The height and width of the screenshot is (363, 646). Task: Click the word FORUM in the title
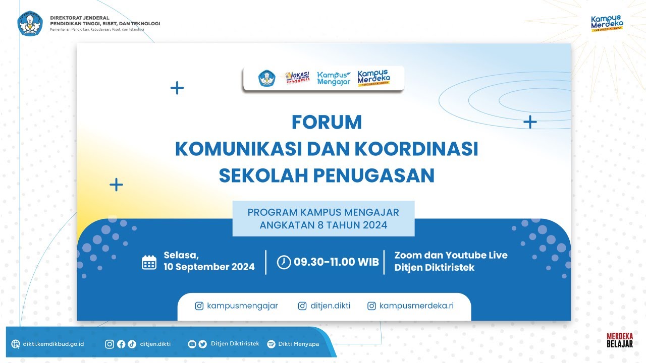point(327,122)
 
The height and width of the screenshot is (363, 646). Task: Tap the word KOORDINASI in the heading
point(416,149)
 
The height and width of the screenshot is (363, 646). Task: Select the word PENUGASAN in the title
point(374,175)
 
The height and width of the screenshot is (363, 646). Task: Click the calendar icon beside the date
point(149,262)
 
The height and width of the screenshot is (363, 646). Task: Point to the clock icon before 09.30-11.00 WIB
point(284,262)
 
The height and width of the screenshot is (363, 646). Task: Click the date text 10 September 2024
point(209,267)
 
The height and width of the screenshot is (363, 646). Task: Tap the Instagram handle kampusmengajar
point(242,306)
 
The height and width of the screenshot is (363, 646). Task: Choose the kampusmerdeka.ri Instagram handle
point(416,306)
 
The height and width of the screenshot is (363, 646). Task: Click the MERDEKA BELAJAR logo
point(620,340)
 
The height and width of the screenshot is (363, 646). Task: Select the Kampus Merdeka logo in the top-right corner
point(607,23)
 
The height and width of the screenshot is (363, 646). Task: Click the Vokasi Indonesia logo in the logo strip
point(297,78)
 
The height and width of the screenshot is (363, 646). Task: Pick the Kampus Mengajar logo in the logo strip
point(334,78)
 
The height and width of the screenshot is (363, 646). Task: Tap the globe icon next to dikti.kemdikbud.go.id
point(16,344)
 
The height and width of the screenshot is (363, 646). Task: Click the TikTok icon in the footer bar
point(132,344)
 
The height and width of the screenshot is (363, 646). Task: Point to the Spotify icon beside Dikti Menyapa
point(271,344)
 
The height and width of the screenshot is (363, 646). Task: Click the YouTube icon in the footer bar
point(192,344)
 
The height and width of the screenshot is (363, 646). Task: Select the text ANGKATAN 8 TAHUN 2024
point(324,225)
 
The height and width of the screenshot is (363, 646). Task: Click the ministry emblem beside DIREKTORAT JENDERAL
point(30,23)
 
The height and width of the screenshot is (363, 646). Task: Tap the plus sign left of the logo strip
point(177,88)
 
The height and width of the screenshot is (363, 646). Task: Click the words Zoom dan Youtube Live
point(451,255)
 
